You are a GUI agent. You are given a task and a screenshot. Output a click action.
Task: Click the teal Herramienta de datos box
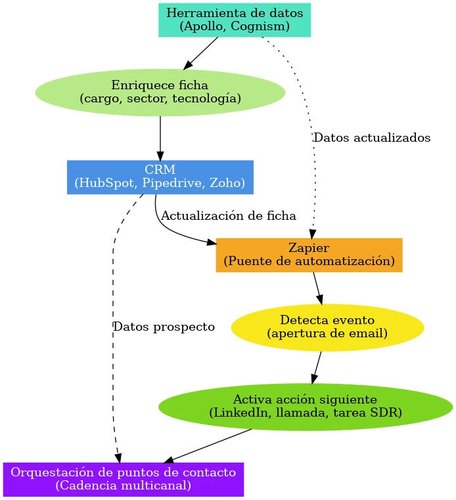(x=235, y=20)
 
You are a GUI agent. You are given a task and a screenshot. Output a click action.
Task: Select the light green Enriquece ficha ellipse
(x=160, y=92)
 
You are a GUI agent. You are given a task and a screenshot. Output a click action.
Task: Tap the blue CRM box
(x=160, y=177)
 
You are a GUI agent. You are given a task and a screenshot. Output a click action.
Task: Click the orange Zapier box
(x=309, y=255)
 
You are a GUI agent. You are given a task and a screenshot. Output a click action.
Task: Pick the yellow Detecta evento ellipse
(x=327, y=327)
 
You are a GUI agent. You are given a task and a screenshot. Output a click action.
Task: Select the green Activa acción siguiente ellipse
(x=305, y=406)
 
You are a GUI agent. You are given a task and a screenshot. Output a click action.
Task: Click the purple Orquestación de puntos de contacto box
(x=123, y=479)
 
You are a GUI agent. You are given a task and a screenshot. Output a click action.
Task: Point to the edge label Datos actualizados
(x=371, y=138)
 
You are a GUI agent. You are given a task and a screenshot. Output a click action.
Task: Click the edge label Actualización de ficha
(x=228, y=215)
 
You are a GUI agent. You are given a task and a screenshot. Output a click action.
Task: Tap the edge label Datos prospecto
(x=164, y=327)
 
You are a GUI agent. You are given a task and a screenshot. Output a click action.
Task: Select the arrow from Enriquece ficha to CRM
(x=160, y=138)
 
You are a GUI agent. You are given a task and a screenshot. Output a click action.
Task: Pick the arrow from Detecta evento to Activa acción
(x=317, y=367)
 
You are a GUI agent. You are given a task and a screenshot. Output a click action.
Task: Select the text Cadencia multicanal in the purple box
(x=123, y=486)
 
